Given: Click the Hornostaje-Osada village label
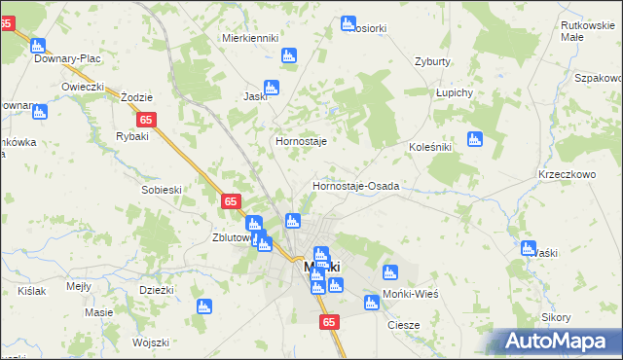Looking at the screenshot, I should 355,186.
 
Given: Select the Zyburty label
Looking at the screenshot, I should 432,60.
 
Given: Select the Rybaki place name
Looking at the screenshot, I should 131,136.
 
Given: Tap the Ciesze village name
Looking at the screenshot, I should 403,325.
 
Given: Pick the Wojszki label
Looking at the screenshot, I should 151,342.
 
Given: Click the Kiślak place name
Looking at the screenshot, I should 31,291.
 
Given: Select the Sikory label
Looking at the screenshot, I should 556,318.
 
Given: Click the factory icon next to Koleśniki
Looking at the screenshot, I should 475,139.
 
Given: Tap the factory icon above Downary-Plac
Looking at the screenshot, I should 39,45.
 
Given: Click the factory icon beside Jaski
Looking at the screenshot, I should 272,87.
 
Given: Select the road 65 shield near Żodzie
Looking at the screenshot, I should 146,120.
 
